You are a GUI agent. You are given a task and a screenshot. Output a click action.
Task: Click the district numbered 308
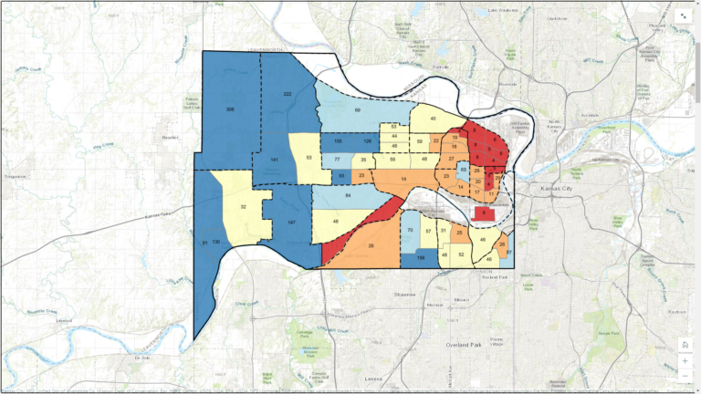[x=231, y=109]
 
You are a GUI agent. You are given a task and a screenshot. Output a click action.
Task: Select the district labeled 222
[x=288, y=95]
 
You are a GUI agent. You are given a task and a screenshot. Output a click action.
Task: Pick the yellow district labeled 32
[x=243, y=207]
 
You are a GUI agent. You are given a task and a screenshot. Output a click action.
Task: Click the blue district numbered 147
[x=291, y=223]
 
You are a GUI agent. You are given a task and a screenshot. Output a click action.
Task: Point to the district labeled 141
[x=274, y=161]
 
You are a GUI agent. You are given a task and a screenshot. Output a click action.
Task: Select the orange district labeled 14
[x=403, y=181]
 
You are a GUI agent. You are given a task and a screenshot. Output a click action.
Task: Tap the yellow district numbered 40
[x=433, y=119]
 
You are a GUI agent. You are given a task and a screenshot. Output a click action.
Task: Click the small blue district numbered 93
[x=340, y=175]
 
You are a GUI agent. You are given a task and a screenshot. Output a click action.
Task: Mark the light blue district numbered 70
[x=412, y=231]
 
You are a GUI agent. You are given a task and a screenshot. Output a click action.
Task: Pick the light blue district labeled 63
[x=464, y=169]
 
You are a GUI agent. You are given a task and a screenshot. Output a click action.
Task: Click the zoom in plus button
[x=685, y=360]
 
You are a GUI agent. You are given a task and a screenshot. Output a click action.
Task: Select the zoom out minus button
[x=685, y=375]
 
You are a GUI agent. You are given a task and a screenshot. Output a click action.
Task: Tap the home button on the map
[x=685, y=344]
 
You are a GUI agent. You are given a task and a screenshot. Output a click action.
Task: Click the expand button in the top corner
[x=685, y=16]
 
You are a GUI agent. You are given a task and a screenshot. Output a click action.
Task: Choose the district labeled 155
[x=338, y=141]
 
